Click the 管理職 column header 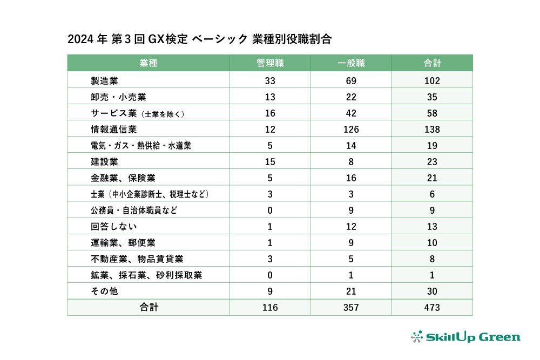pos(270,63)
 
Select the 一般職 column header pos(351,63)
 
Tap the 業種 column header pos(148,63)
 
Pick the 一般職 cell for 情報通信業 pos(351,130)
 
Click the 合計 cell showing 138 pos(432,130)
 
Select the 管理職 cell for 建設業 pos(270,162)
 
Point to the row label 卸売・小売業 pos(119,97)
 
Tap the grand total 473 pos(432,308)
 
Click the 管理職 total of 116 pos(270,308)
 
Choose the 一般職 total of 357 pos(351,308)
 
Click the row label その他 pos(104,291)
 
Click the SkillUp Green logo pos(465,337)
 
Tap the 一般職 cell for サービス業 pos(351,113)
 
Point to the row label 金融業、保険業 pos(123,178)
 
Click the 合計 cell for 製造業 pos(432,81)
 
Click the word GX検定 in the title pos(168,39)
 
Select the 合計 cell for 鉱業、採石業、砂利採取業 pos(432,275)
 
